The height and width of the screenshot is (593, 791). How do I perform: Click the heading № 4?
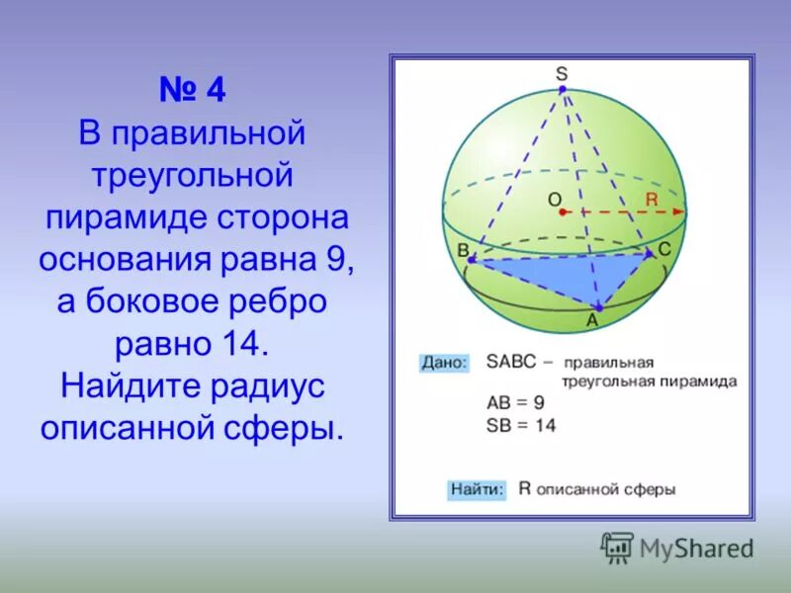tap(193, 91)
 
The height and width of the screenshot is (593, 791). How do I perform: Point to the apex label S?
tap(561, 73)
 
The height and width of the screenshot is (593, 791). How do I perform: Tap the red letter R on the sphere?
tap(651, 200)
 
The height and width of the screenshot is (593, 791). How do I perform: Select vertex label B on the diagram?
tap(462, 251)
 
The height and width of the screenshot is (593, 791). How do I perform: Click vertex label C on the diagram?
tap(664, 250)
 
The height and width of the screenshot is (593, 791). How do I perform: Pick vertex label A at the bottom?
tap(593, 320)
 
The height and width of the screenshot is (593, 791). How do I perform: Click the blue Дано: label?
tap(444, 362)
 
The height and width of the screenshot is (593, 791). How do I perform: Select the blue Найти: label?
tap(478, 488)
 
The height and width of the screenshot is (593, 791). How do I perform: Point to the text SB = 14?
tap(521, 425)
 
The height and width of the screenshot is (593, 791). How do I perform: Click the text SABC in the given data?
tap(511, 362)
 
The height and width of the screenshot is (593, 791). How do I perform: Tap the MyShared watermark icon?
tap(617, 547)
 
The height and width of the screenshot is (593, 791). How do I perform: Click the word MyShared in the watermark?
tap(696, 549)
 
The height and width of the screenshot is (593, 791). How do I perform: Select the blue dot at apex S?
tap(562, 90)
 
